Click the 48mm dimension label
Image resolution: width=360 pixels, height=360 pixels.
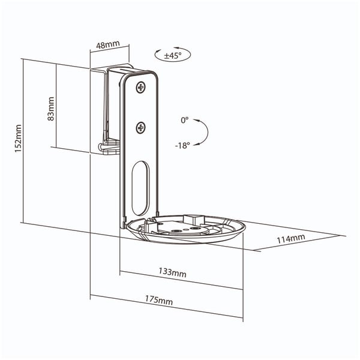107,45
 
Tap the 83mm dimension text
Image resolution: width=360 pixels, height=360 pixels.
50,109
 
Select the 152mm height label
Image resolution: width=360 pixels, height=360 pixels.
18,139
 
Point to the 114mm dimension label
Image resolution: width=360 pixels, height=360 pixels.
290,239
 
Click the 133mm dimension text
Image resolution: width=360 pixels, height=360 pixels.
172,272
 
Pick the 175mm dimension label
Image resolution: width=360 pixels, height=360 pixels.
158,300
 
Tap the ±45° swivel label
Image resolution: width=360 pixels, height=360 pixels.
173,55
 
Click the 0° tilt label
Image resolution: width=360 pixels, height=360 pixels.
185,120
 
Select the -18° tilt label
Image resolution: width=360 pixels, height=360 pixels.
182,145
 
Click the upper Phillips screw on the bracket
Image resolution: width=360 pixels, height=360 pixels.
141,88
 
